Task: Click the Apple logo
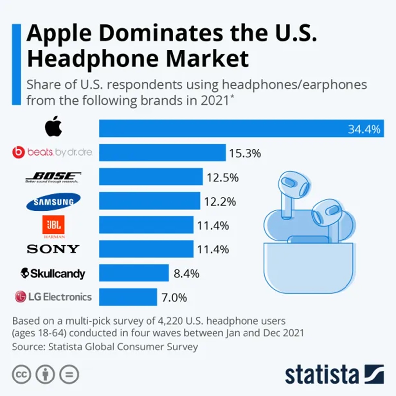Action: (x=53, y=126)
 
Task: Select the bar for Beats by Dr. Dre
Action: (x=162, y=152)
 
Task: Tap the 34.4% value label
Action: (x=364, y=129)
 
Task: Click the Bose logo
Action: (x=53, y=177)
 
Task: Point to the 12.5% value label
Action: (x=222, y=178)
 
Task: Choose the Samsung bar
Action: (x=149, y=201)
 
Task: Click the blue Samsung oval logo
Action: (x=53, y=202)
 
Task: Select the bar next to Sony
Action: (x=146, y=249)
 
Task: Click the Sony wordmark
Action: (x=53, y=249)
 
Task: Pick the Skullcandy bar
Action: (x=134, y=273)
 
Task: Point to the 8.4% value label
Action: (x=186, y=274)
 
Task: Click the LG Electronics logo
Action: (x=53, y=297)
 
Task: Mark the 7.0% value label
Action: (x=174, y=298)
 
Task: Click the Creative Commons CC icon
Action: (x=21, y=375)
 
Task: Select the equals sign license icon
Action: (x=69, y=375)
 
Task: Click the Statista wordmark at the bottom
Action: (x=322, y=375)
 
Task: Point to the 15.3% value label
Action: (x=245, y=153)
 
